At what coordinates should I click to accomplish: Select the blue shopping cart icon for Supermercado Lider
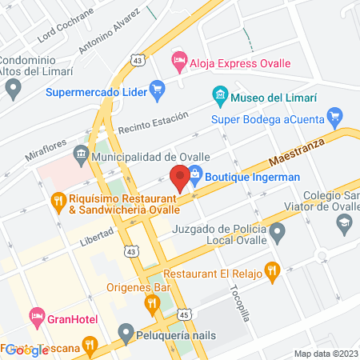[157, 91]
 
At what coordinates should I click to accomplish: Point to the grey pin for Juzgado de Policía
[278, 234]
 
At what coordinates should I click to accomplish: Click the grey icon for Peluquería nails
[125, 332]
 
